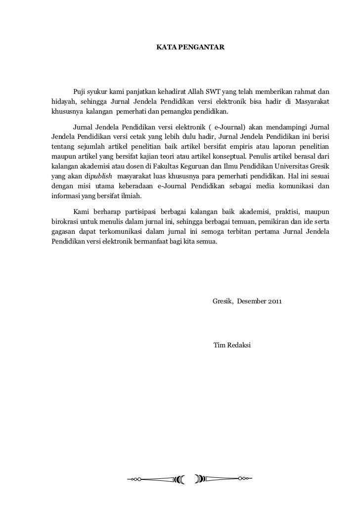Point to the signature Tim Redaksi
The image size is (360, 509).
click(x=231, y=344)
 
